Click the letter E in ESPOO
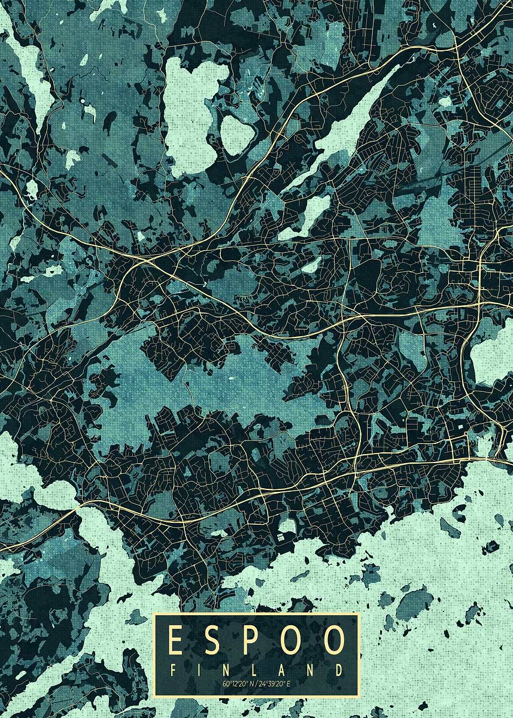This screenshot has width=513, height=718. (x=175, y=641)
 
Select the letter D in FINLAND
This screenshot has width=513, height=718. (x=339, y=670)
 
